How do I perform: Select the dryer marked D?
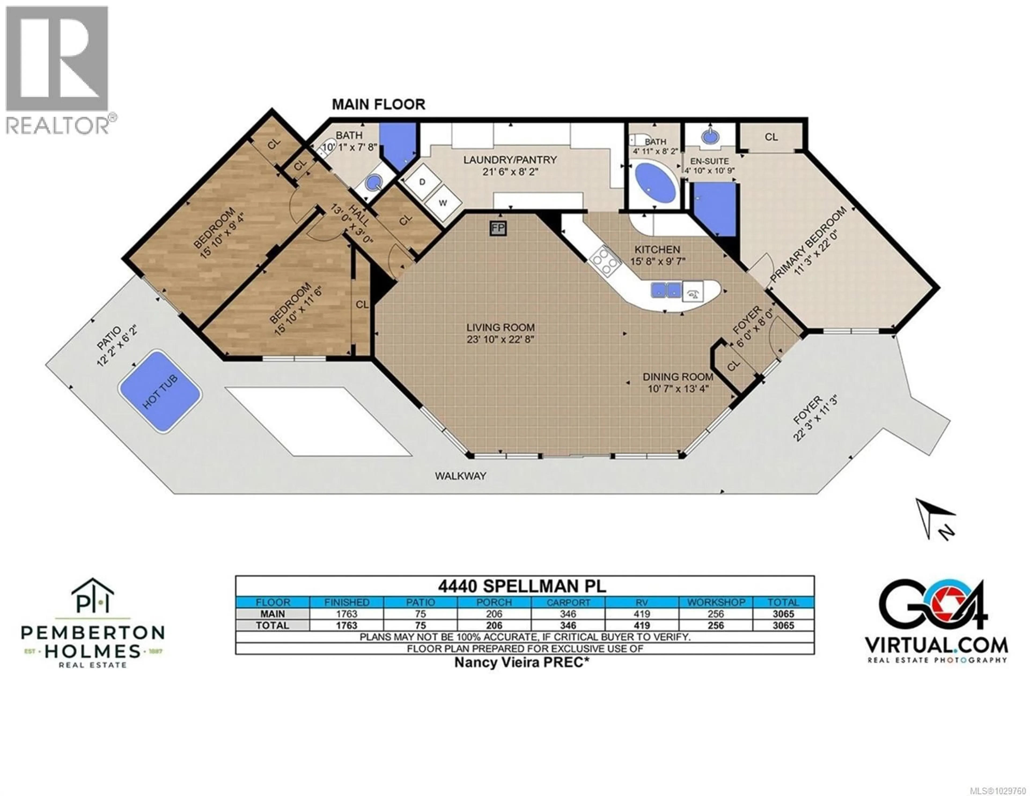coord(422,182)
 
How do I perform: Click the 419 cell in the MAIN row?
coord(642,614)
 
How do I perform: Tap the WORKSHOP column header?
coord(716,602)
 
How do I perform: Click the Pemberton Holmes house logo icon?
coord(93,596)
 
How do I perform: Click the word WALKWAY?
coord(460,476)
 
